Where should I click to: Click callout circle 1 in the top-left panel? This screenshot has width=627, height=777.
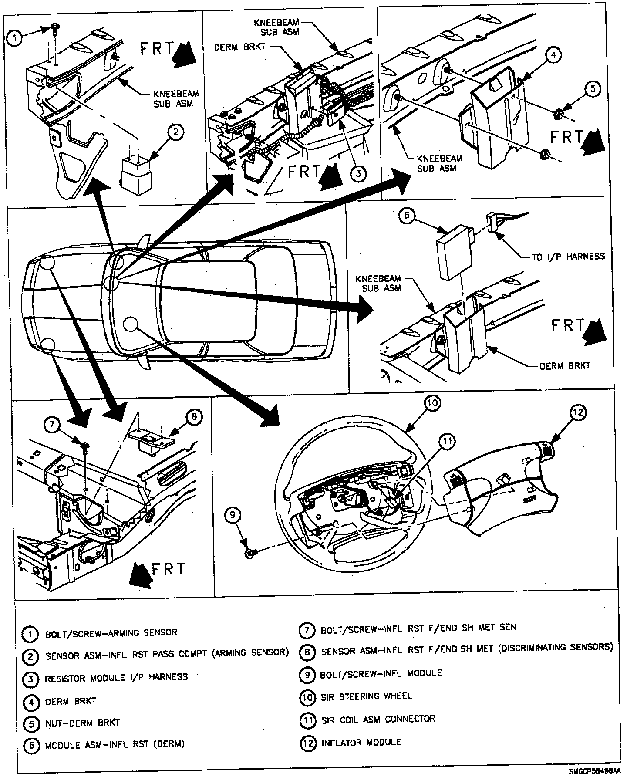click(x=15, y=38)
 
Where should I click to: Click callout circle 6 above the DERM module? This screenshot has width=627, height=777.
click(x=406, y=216)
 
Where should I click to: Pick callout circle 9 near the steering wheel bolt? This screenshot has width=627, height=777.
click(x=233, y=515)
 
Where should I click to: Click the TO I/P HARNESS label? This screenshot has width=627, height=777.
click(x=568, y=257)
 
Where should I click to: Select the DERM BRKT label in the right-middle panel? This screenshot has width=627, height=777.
click(x=565, y=365)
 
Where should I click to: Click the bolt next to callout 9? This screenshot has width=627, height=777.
click(x=250, y=553)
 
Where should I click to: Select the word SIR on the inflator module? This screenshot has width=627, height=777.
click(x=529, y=500)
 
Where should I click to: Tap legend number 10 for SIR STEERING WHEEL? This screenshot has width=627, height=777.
click(x=307, y=697)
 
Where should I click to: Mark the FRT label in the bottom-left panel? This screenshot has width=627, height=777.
click(x=169, y=569)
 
